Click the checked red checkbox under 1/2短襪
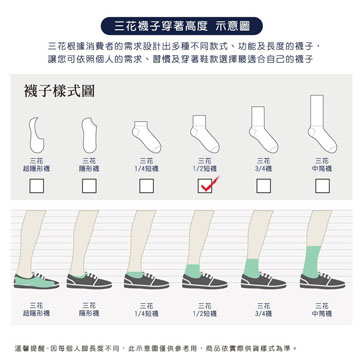coord(204,184)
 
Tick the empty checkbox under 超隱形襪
coord(37,184)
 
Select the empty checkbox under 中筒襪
coord(321,184)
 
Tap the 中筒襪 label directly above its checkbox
coord(321,164)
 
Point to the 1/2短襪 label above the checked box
coord(204,164)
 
